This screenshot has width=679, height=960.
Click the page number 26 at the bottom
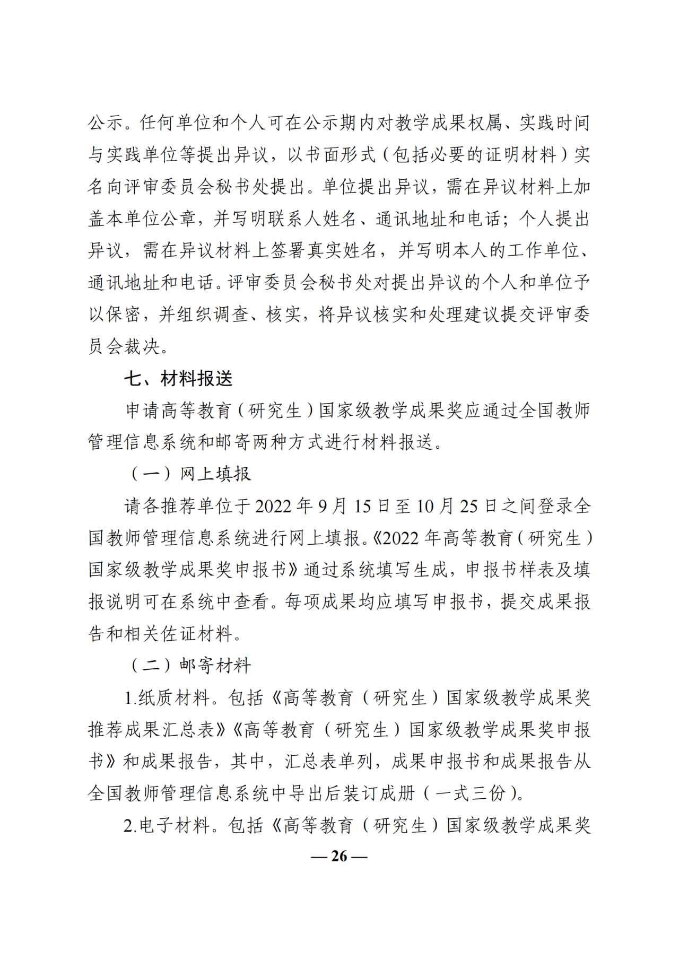(x=339, y=856)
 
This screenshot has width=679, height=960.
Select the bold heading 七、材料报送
(x=179, y=379)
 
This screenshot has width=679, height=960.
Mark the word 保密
(x=125, y=315)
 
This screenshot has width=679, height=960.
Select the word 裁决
(x=142, y=346)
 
